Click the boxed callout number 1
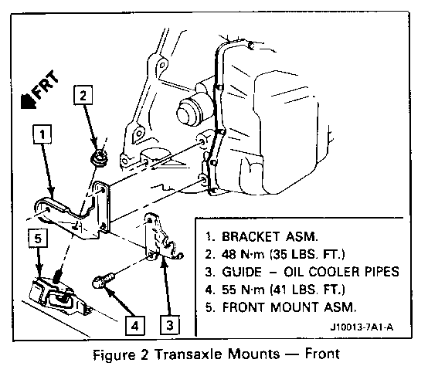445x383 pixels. [x=42, y=134]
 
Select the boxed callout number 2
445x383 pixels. [x=83, y=95]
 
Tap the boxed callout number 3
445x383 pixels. [x=170, y=325]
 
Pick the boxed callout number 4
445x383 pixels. [x=135, y=326]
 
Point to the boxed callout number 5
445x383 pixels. [x=38, y=239]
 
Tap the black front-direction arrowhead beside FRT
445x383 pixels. [x=29, y=102]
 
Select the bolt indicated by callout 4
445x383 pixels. [x=104, y=280]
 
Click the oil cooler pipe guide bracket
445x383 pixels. [x=161, y=236]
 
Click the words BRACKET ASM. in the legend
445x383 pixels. [x=270, y=236]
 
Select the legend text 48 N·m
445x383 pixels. [x=243, y=254]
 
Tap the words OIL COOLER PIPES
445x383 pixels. [x=341, y=272]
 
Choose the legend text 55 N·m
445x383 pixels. [x=243, y=290]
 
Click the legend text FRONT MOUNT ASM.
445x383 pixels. [x=289, y=307]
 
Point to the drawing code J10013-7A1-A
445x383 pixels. [x=362, y=327]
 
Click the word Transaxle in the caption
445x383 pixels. [x=189, y=354]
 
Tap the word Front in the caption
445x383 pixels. [x=322, y=354]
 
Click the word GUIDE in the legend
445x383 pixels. [x=242, y=272]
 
